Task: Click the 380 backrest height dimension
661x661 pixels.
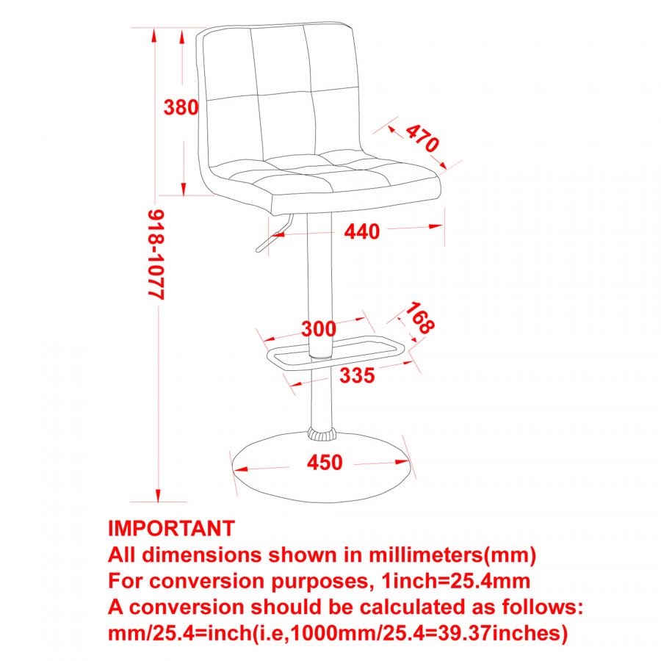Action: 181,107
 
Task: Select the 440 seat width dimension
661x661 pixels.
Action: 362,231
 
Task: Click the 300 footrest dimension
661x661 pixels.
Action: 318,329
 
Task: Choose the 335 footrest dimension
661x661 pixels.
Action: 357,375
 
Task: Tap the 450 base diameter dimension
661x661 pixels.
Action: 325,463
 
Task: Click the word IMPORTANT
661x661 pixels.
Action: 171,528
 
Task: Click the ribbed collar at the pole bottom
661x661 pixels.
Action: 320,433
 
